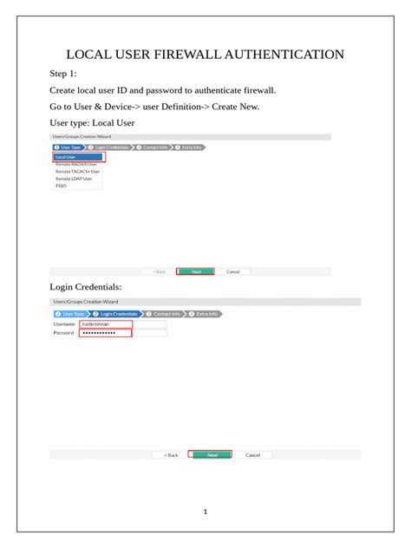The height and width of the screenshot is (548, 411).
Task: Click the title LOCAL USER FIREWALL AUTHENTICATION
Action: coord(205,55)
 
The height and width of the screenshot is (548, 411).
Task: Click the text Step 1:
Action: coord(63,74)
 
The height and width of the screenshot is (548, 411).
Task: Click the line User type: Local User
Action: coord(92,122)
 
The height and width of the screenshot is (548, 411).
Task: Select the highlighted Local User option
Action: coord(78,157)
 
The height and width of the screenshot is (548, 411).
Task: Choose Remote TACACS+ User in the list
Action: coord(77,171)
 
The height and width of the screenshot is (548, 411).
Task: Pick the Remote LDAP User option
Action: coord(75,178)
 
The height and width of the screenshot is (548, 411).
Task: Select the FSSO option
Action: coord(61,185)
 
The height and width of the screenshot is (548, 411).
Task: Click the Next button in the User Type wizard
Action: coord(196,271)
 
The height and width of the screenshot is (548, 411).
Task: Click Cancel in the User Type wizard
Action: coord(232,271)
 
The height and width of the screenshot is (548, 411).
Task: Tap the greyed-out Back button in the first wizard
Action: coord(159,271)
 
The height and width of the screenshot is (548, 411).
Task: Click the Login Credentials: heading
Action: coord(86,286)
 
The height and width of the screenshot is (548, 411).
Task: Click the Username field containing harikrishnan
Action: coord(105,323)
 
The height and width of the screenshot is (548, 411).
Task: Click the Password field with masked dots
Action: coord(105,332)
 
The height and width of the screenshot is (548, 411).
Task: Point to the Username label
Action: coord(64,323)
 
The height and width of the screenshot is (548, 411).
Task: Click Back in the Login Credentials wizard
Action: coord(171,454)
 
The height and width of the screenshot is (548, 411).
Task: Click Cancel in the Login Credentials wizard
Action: coord(252,454)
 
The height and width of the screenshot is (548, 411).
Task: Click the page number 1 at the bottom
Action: coord(205,512)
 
